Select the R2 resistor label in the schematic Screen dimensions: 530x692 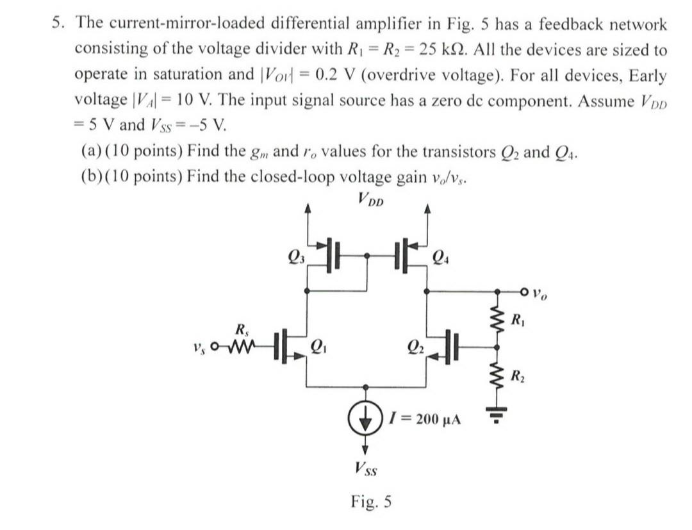[x=520, y=377]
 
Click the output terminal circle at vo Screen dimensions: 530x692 [x=525, y=293]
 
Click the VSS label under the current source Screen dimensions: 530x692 [x=366, y=470]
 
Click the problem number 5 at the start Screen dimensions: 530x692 [x=58, y=24]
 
